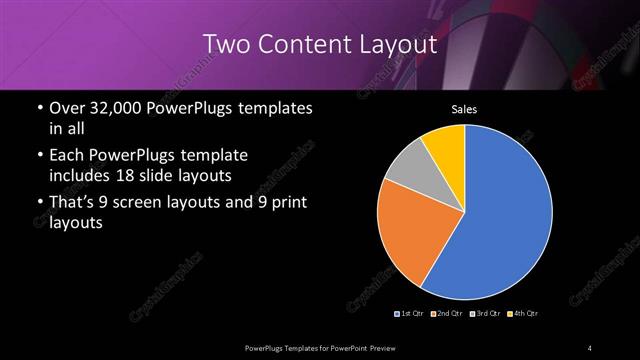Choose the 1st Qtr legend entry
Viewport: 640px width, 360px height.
(x=411, y=314)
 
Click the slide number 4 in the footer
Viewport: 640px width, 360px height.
(x=590, y=347)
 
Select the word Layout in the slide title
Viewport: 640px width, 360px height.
(x=399, y=44)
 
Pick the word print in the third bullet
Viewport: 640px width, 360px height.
(x=288, y=203)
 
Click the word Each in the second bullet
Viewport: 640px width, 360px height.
(x=67, y=156)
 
